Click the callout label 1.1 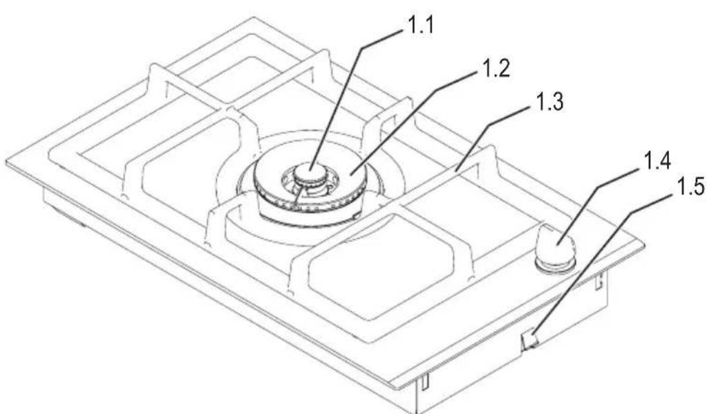pos(420,26)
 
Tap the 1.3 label pos(549,102)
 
